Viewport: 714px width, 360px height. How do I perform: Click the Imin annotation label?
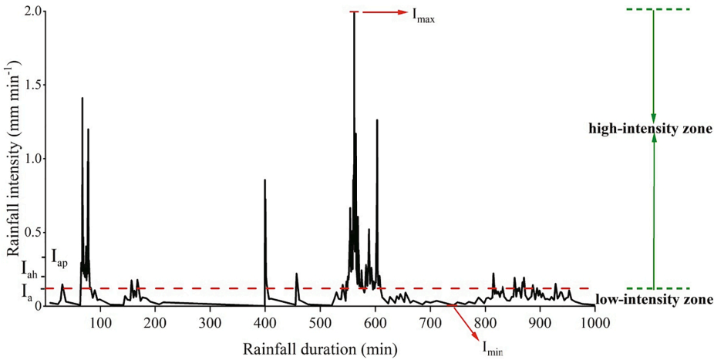click(492, 348)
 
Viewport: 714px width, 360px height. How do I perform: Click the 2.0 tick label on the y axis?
click(32, 12)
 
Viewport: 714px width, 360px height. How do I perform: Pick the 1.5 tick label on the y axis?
click(32, 85)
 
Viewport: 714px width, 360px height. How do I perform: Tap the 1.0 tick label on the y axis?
click(32, 159)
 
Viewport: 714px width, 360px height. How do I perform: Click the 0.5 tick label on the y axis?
click(32, 232)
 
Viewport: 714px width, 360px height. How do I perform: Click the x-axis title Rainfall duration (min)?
click(320, 348)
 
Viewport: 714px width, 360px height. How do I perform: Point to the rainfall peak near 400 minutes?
click(264, 181)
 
